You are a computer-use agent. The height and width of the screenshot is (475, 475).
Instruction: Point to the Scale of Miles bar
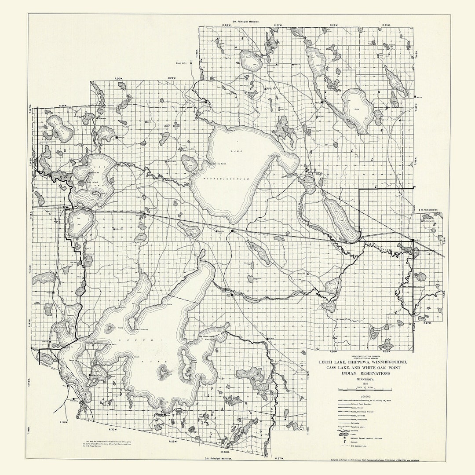pyautogui.click(x=365, y=390)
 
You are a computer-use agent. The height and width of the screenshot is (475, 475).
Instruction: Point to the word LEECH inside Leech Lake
pyautogui.click(x=141, y=340)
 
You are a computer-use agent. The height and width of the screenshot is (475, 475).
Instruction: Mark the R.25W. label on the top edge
pyautogui.click(x=386, y=25)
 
